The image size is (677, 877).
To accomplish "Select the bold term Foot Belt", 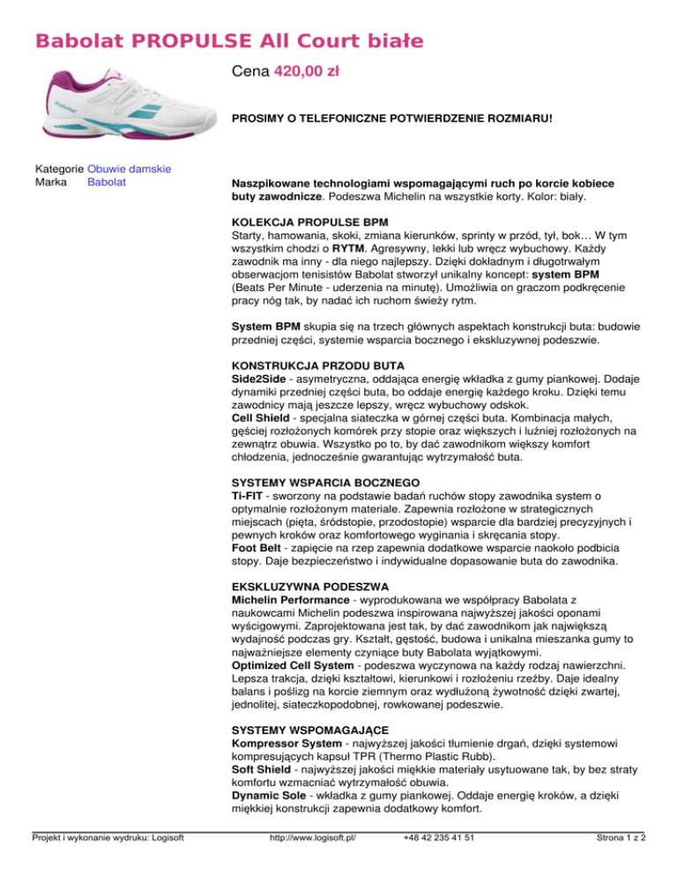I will click(257, 547).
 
